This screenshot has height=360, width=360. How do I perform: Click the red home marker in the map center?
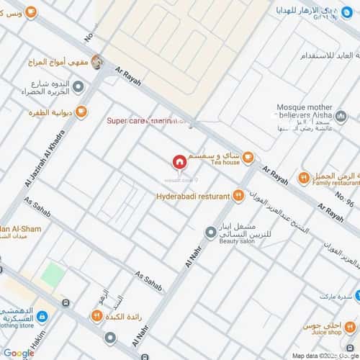(x=179, y=162)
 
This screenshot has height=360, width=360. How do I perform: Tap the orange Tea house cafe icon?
(x=248, y=157)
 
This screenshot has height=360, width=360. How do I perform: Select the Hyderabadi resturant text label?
(x=192, y=196)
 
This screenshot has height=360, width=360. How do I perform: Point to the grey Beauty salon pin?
(x=210, y=232)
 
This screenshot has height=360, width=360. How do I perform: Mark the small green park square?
(x=52, y=274)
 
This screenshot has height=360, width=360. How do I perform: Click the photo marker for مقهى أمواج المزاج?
(x=97, y=62)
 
